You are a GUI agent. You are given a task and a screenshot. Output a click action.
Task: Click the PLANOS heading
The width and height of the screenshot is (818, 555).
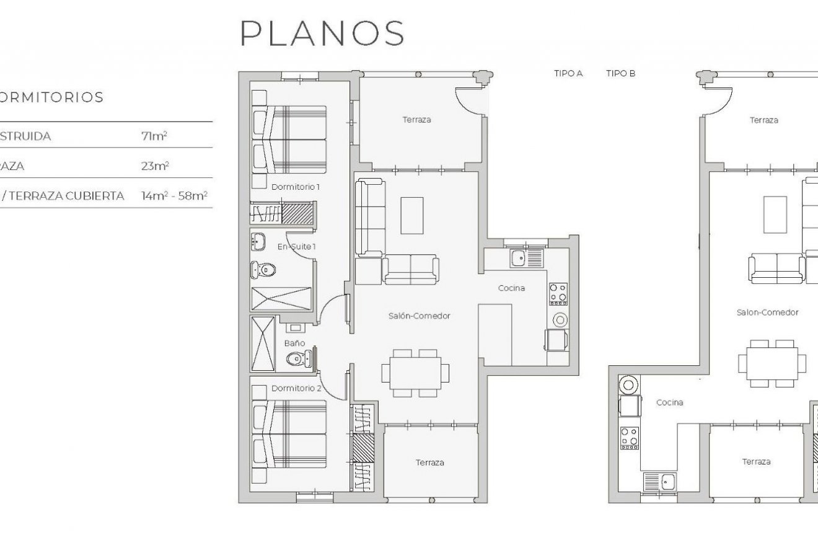(x=322, y=33)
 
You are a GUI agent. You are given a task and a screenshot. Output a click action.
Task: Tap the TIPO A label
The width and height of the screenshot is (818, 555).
(x=568, y=73)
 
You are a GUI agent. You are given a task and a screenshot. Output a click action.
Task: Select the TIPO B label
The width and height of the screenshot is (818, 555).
(x=620, y=73)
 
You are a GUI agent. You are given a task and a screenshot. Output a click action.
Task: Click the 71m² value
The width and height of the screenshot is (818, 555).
(x=154, y=136)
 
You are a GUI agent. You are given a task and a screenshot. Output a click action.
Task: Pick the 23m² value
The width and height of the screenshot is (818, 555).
(x=155, y=166)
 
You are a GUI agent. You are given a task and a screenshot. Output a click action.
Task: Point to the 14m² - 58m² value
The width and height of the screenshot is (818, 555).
(x=174, y=196)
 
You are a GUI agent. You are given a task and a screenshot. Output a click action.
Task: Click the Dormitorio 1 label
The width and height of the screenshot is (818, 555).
(x=296, y=187)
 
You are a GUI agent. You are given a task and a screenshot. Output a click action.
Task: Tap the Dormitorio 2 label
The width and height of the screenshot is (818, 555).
(x=296, y=389)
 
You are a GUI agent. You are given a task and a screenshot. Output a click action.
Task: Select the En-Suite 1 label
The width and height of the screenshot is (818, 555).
(x=296, y=247)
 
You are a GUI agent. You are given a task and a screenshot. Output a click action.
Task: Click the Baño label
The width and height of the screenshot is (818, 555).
(x=294, y=343)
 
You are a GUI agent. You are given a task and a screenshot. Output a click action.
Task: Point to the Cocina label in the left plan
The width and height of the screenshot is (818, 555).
(x=511, y=288)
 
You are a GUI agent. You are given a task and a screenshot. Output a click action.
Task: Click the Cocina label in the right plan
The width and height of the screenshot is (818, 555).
(x=669, y=402)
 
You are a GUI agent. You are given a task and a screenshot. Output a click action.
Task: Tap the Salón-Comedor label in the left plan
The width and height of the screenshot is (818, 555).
(x=419, y=316)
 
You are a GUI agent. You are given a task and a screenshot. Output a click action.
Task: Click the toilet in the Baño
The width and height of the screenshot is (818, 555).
(x=296, y=358)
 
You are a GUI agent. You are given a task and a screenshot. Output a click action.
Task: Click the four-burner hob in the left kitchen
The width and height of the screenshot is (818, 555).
(x=558, y=294)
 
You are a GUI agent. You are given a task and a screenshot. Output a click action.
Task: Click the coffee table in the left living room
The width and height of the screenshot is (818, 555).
(x=411, y=215)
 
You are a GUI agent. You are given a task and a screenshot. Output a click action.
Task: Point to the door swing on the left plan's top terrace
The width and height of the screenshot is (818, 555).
(x=468, y=99)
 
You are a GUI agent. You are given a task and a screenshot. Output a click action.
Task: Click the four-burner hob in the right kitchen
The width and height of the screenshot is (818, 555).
(x=629, y=438)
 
